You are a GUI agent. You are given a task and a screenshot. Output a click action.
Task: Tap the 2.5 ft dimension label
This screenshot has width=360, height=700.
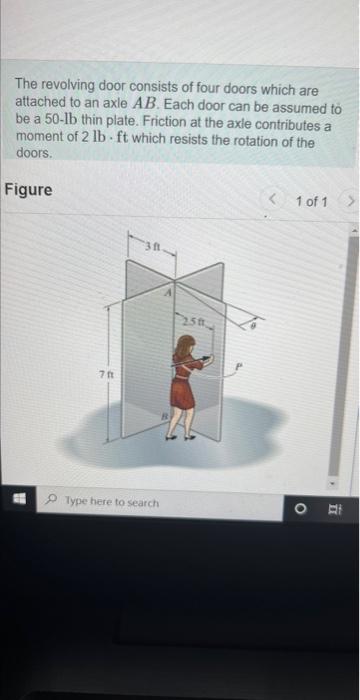pos(194,320)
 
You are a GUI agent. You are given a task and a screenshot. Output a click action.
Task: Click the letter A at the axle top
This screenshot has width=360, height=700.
pos(171,293)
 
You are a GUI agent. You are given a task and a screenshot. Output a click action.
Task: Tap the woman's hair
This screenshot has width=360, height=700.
pos(184,349)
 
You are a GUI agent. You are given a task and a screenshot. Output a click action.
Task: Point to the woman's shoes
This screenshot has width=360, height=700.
pos(181,435)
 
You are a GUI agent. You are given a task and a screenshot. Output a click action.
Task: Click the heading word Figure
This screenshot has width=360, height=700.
pos(29,189)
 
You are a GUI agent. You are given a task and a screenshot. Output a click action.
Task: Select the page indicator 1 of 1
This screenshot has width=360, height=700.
pos(312,201)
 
